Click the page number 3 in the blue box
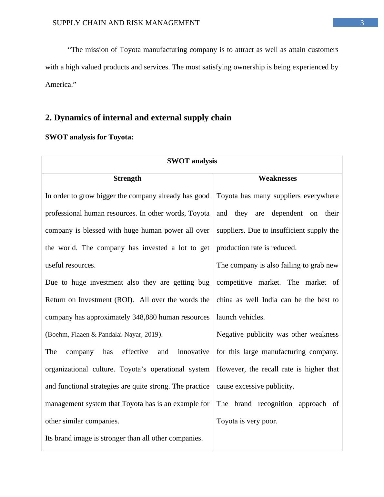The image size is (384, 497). (x=362, y=23)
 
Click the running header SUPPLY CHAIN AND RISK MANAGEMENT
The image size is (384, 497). (x=126, y=23)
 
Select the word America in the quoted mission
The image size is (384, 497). (x=59, y=85)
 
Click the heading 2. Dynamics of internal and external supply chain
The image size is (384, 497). (x=138, y=118)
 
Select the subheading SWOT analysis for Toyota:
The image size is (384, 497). (x=89, y=137)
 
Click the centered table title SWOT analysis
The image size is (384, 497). (x=192, y=161)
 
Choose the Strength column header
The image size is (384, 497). (x=127, y=178)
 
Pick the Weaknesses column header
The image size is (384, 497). (x=277, y=178)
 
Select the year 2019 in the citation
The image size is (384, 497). (x=151, y=335)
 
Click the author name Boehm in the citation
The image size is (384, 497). (x=57, y=335)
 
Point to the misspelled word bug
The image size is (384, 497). (x=204, y=282)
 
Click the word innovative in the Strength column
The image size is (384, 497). (x=193, y=352)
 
